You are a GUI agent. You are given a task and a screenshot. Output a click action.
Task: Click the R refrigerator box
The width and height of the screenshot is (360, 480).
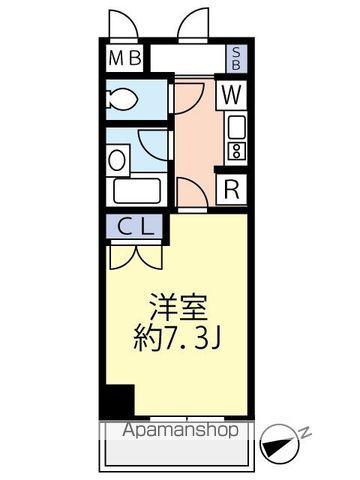(231, 186)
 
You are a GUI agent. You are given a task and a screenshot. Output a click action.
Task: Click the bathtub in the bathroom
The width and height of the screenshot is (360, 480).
(135, 190)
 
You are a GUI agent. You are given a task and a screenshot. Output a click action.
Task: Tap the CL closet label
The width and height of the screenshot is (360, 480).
(134, 226)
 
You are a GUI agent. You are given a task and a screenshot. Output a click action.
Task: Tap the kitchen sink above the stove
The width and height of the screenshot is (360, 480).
(236, 127)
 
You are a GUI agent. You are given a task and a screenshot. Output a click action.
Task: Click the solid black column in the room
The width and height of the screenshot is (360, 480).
(118, 401)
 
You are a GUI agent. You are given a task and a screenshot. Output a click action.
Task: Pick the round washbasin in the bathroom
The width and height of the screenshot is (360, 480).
(118, 158)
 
